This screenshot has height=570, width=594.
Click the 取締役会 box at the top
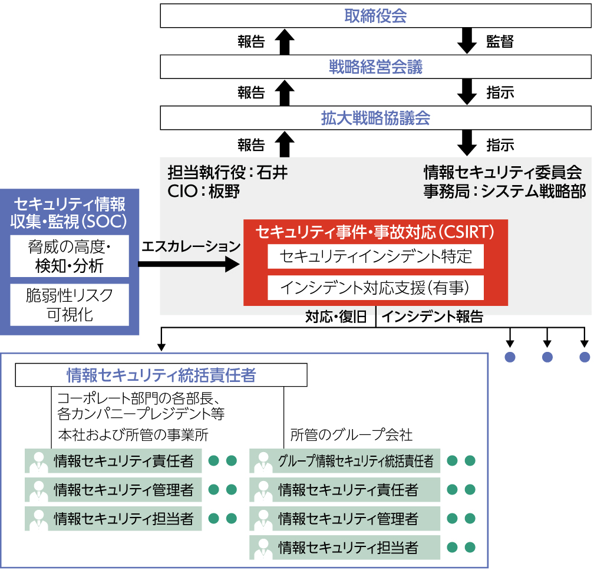coord(375,16)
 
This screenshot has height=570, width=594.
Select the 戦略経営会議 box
coord(375,67)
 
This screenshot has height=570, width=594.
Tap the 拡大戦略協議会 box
coord(375,118)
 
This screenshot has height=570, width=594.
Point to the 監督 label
coord(500,41)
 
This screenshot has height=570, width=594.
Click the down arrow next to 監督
coord(468,41)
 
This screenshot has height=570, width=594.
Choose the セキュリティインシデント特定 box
coord(375,257)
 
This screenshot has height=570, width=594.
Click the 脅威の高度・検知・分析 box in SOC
coord(70,256)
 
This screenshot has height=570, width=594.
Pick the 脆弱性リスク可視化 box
coord(70,304)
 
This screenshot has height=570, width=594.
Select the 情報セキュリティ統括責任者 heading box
coord(161,375)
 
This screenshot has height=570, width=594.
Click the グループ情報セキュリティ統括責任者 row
coord(356,461)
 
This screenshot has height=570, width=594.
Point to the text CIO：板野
coord(204,191)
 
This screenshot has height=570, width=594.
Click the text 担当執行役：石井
coord(227,173)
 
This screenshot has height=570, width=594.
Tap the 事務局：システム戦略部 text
coord(504,191)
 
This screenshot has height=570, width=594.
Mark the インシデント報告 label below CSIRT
coord(433,317)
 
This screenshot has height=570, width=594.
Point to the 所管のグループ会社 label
coord(351,436)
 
